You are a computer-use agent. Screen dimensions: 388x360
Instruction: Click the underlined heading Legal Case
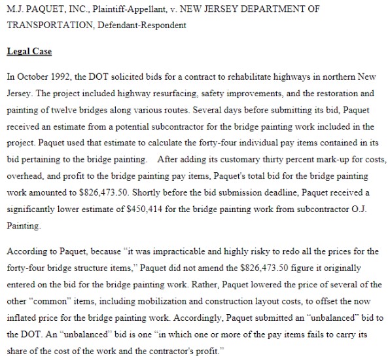coord(29,52)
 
